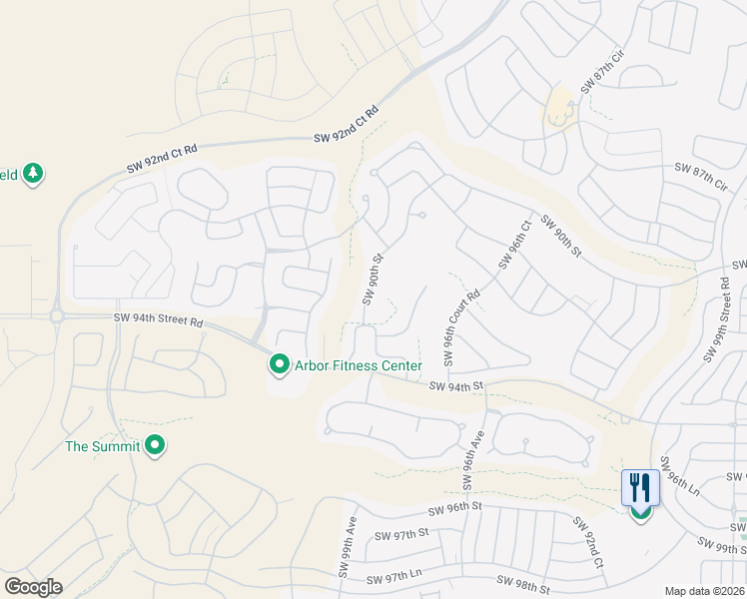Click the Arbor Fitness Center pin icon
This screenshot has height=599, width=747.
point(279,365)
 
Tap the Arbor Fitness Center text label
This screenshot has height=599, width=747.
point(358,366)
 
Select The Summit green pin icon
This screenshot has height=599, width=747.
point(155,445)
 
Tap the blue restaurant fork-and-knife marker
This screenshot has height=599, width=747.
point(639,489)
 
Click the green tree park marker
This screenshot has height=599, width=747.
point(33,175)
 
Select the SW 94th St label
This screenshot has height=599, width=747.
point(456,385)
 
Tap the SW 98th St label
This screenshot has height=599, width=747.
point(524,584)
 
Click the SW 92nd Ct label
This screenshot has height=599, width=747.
point(587,543)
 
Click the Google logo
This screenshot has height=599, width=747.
point(34,586)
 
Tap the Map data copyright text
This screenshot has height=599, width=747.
point(704,591)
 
